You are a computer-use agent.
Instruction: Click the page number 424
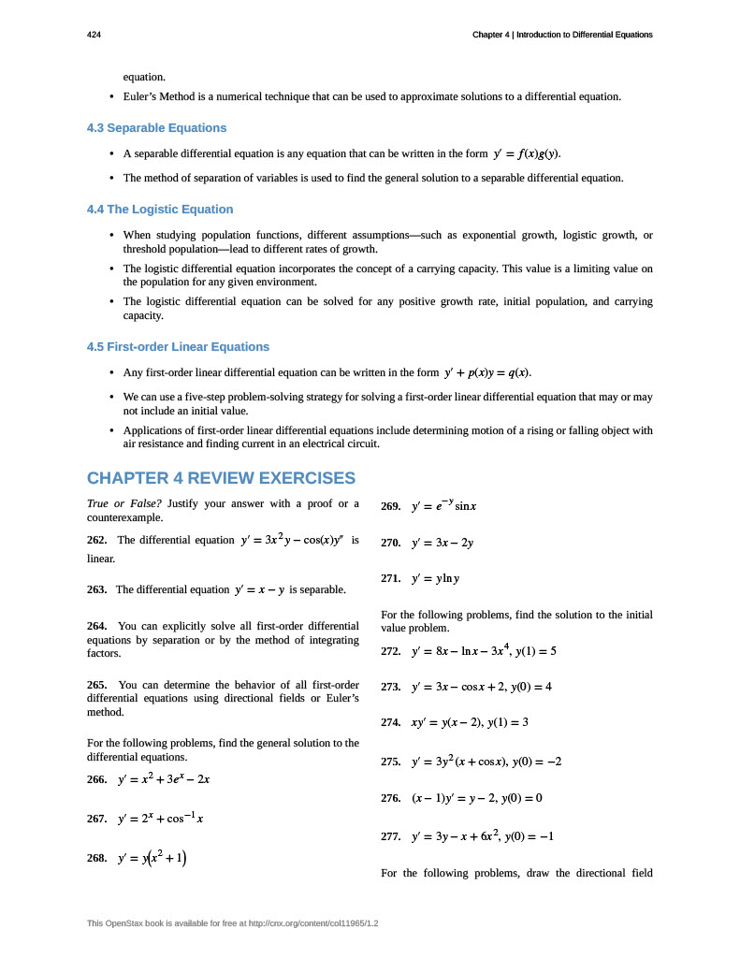coord(94,35)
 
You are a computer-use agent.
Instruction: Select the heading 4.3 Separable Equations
coord(156,127)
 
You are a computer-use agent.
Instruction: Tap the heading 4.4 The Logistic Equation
coord(160,210)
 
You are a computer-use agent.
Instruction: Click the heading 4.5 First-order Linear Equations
coord(178,346)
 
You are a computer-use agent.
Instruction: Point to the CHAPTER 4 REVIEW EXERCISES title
coord(221,478)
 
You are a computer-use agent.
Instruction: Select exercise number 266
coord(97,779)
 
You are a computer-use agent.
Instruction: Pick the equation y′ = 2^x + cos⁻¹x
coord(161,819)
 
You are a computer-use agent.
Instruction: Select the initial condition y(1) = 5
coord(534,650)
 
